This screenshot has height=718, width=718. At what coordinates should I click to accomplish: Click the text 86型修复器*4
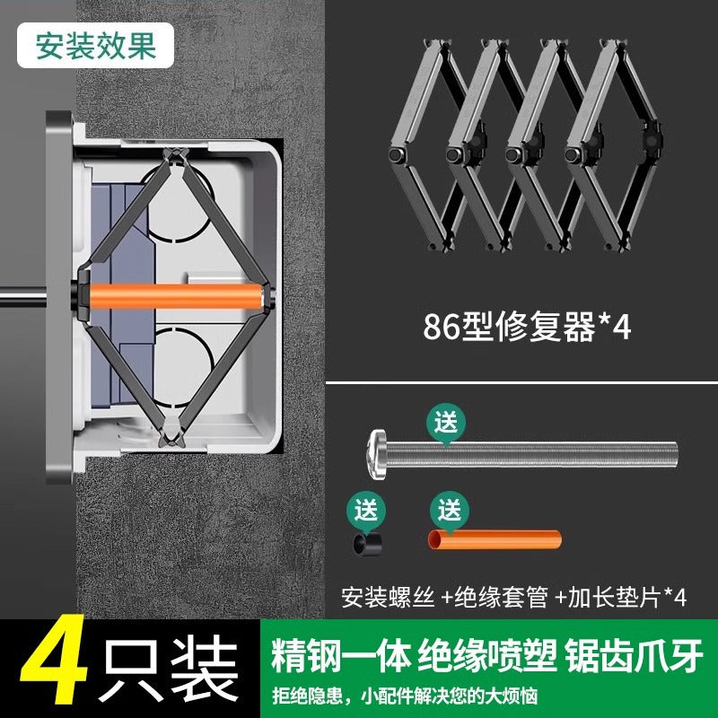527,326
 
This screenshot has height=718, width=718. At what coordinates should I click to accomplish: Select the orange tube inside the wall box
176,295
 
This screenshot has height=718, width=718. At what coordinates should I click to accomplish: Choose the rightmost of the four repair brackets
613,144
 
